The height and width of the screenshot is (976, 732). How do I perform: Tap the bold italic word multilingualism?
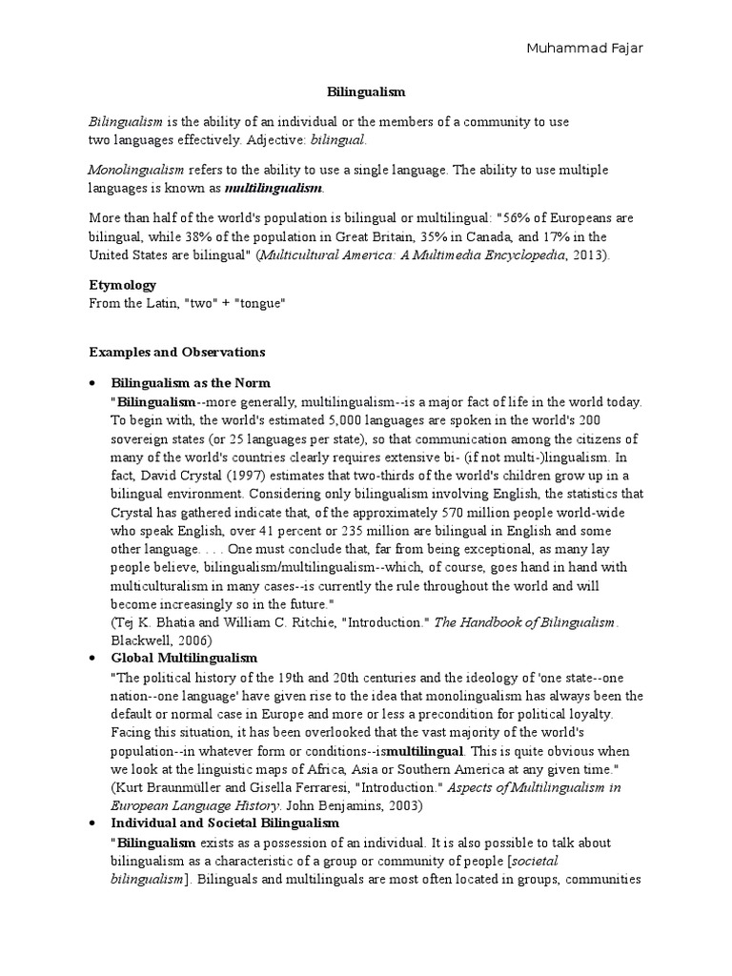(275, 188)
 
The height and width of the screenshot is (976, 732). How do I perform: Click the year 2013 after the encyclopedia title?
(588, 254)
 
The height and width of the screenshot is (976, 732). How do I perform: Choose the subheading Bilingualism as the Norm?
(191, 383)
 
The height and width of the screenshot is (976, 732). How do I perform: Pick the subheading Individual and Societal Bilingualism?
(225, 823)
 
